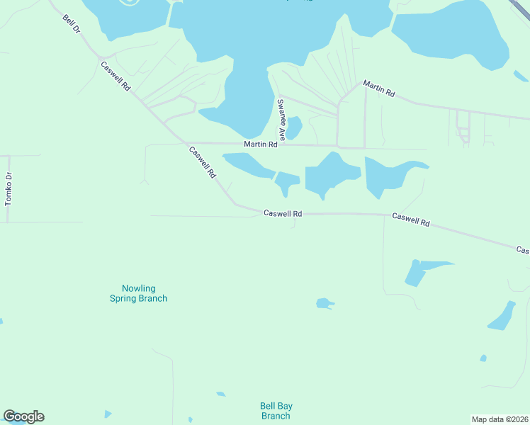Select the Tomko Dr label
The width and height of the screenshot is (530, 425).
coord(9,189)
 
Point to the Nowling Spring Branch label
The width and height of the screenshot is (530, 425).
coord(138,293)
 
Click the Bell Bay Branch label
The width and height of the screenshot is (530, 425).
coord(276,411)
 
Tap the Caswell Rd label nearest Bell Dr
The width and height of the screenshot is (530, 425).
coord(116,76)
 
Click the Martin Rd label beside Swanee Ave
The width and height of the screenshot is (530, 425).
coord(260,144)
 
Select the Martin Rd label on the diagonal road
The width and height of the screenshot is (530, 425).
coord(378,89)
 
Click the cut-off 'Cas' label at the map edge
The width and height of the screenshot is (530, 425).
coord(522,250)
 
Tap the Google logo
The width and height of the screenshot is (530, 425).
coord(23,416)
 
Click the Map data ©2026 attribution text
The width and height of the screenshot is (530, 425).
coord(500,419)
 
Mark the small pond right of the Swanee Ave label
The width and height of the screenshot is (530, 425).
coord(293,127)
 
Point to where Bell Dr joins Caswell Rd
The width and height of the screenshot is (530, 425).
coord(103,57)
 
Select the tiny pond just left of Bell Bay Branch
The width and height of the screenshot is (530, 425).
coord(221,394)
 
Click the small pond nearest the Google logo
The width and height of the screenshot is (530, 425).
coord(107,414)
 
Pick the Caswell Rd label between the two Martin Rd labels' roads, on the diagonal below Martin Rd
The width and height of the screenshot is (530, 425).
coord(202,162)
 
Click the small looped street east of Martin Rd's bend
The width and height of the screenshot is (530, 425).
coord(463,127)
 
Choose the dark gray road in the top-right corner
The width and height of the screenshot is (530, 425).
coord(523,6)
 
